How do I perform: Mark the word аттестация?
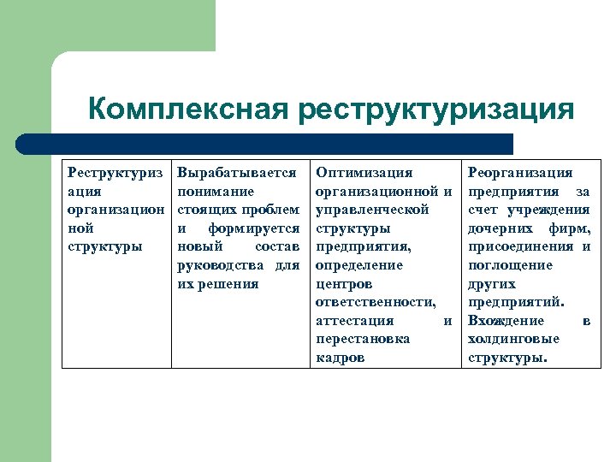(355, 321)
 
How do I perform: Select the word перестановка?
(363, 339)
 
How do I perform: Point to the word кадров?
(340, 358)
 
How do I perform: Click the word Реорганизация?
(520, 173)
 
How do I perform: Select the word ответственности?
(376, 302)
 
